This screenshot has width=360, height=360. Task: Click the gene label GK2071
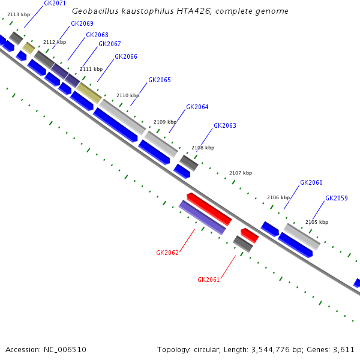[x=55, y=4]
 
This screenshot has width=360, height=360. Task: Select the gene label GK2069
[x=82, y=24]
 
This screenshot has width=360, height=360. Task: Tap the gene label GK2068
[x=97, y=35]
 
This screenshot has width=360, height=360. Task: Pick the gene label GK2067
[x=110, y=44]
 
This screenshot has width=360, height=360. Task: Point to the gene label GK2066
[x=126, y=57]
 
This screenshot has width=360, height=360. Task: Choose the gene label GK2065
[x=160, y=80]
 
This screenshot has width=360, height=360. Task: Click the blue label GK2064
[x=197, y=107]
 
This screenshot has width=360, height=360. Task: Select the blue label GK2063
[x=225, y=126]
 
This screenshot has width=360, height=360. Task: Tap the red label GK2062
[x=167, y=253]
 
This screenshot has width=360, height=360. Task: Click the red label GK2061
[x=209, y=280]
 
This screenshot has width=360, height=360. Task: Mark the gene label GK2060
[x=311, y=183]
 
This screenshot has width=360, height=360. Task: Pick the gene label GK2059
[x=337, y=198]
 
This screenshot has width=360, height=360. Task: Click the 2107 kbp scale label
[x=241, y=173]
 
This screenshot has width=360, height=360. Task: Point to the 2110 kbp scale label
[x=128, y=95]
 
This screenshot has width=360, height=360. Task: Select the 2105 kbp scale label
[x=317, y=222]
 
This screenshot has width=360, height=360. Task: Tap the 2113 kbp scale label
[x=19, y=14]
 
